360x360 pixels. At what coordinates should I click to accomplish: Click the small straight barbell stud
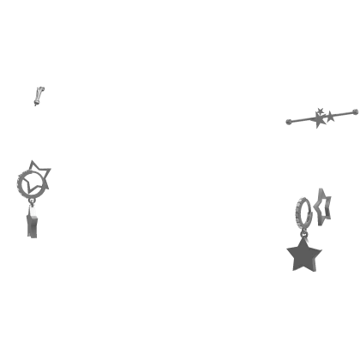pos(37,94)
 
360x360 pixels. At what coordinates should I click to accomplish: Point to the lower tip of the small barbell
pos(33,105)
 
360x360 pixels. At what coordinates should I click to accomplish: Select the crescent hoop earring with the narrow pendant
pos(32,182)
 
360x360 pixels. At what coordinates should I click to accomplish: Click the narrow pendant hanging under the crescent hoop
pos(33,223)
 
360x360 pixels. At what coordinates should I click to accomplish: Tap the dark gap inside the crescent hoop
pos(36,182)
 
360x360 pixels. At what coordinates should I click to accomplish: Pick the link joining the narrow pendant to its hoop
pos(33,204)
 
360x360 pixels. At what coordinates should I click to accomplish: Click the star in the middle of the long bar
pos(323,115)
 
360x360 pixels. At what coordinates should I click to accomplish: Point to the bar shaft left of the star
pos(303,119)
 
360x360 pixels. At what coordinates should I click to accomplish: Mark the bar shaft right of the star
pos(341,111)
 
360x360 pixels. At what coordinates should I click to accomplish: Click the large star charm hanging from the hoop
pos(303,257)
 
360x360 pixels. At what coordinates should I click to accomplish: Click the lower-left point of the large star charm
pos(291,271)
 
